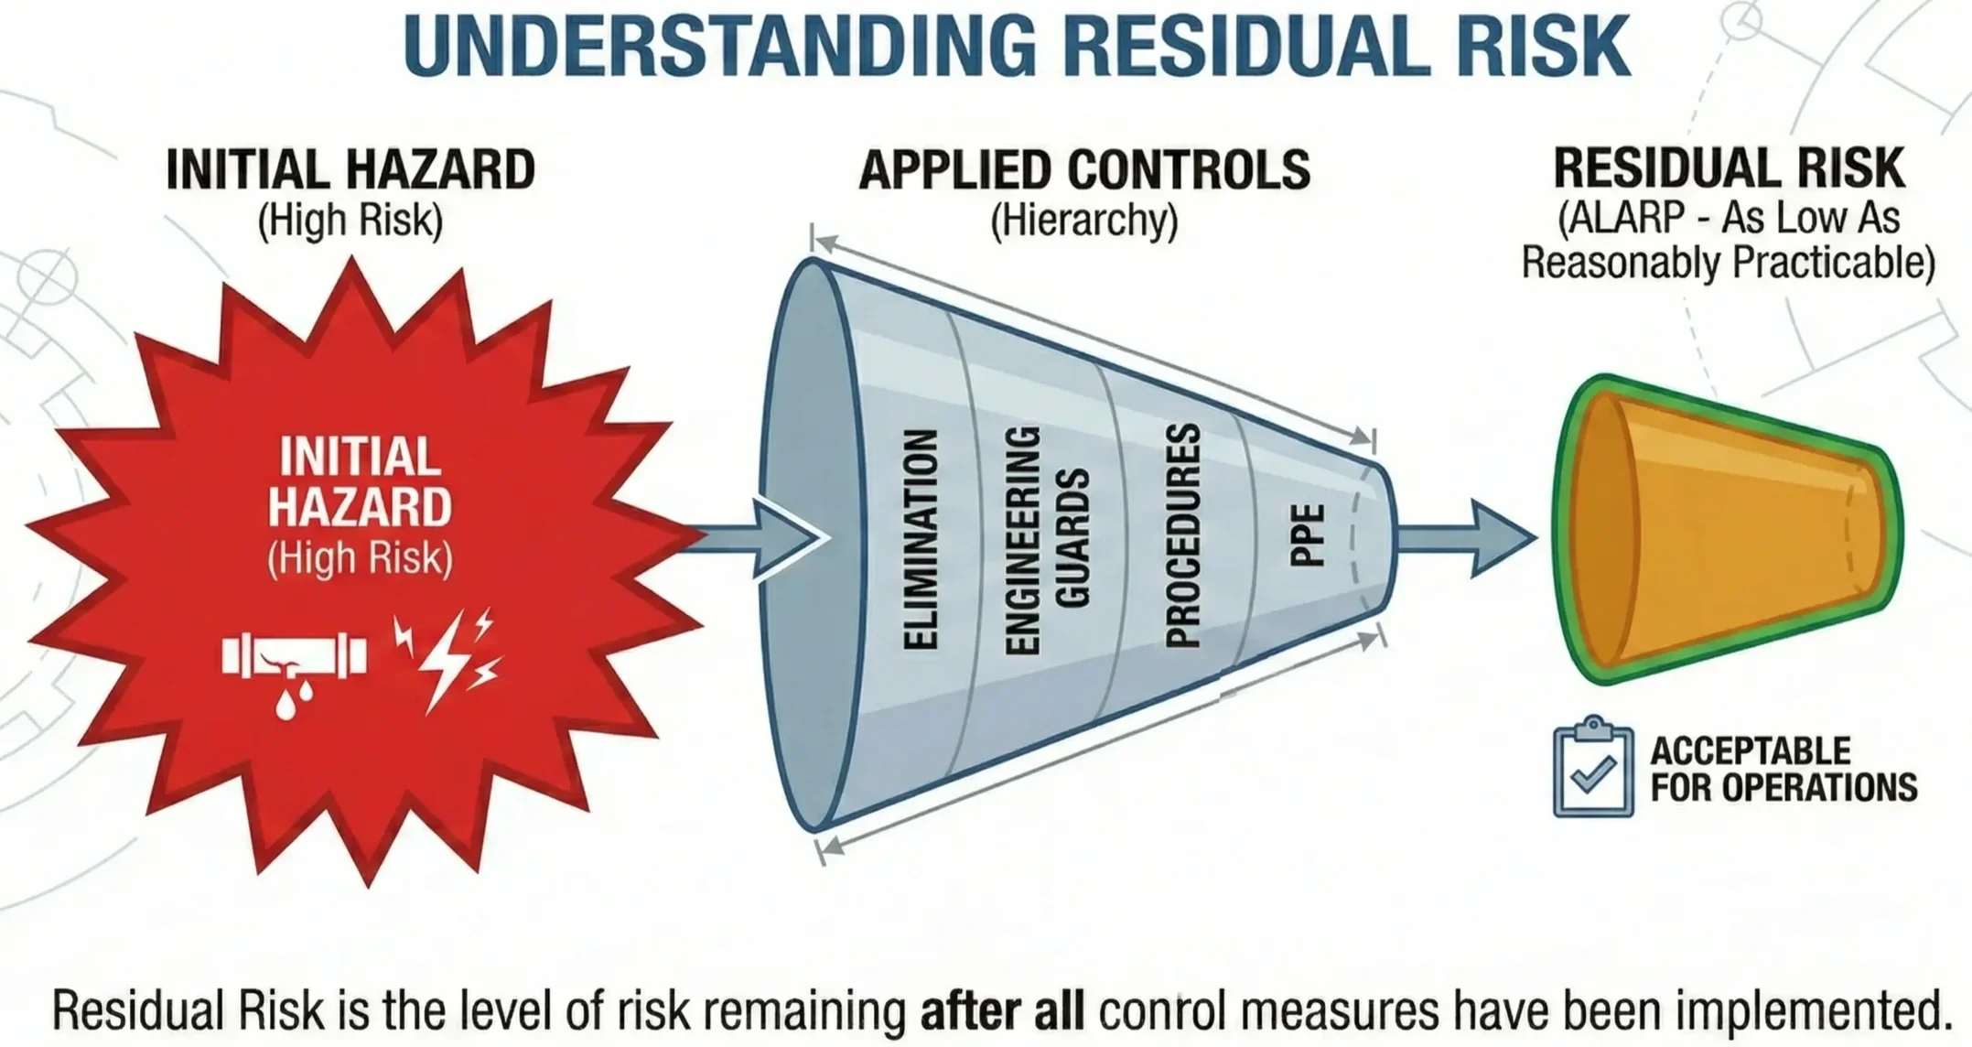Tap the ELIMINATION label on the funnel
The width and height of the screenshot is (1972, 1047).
920,540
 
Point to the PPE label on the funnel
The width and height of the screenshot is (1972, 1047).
1307,535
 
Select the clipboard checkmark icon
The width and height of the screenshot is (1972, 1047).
1593,768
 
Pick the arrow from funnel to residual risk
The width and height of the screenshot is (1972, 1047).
1464,538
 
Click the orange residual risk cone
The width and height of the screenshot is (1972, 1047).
1730,531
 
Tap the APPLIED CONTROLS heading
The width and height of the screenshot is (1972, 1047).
1084,170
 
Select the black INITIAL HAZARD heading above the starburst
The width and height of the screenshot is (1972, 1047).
350,170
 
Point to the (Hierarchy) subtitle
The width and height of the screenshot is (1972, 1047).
1084,221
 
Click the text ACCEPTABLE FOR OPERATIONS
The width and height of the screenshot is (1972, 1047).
1783,769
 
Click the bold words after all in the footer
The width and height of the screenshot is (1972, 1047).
1002,1011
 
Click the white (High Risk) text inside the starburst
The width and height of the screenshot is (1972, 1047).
360,558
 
